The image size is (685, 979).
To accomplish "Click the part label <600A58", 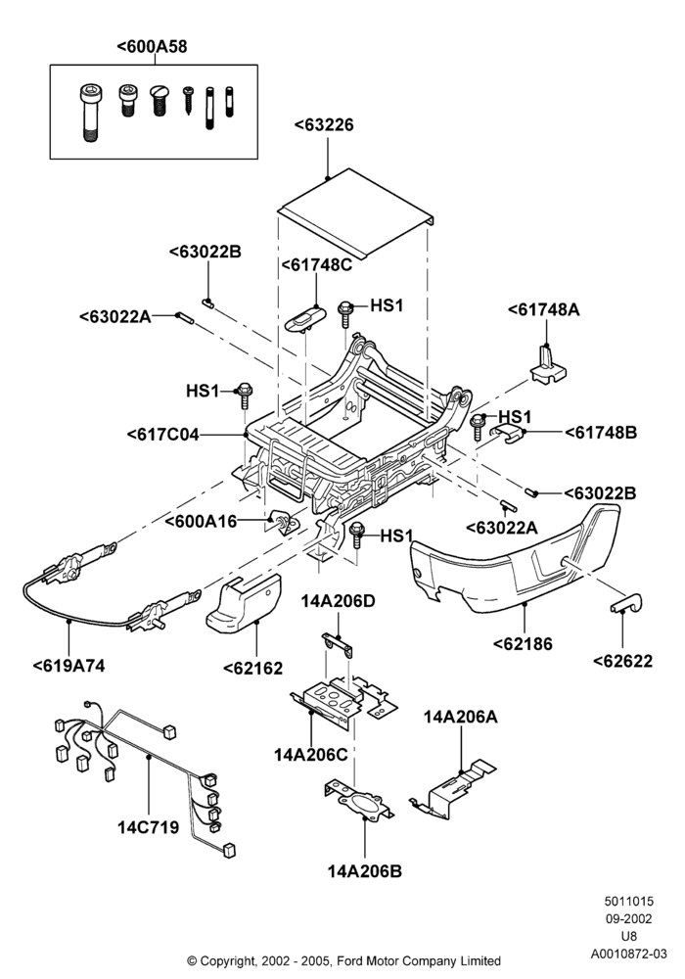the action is (152, 47).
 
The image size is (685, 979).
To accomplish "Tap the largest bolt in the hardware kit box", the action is (89, 113).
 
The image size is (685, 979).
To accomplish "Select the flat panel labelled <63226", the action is (355, 214).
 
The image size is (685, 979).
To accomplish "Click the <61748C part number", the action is (316, 264).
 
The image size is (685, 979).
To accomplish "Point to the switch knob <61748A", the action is (548, 365).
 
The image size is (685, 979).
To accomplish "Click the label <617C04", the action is (162, 434).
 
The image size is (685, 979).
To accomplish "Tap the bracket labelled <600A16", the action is (284, 522).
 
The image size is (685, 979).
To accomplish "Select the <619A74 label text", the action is (68, 666).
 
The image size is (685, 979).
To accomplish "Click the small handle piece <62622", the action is (625, 604).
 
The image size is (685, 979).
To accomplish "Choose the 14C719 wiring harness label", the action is (149, 827).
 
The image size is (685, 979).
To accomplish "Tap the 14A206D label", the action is (339, 601).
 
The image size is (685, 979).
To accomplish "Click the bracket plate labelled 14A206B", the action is (359, 800).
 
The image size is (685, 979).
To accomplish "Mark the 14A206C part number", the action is (310, 755).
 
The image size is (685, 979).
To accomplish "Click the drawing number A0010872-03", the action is (629, 954).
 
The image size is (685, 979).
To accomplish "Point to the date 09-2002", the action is (629, 919).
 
